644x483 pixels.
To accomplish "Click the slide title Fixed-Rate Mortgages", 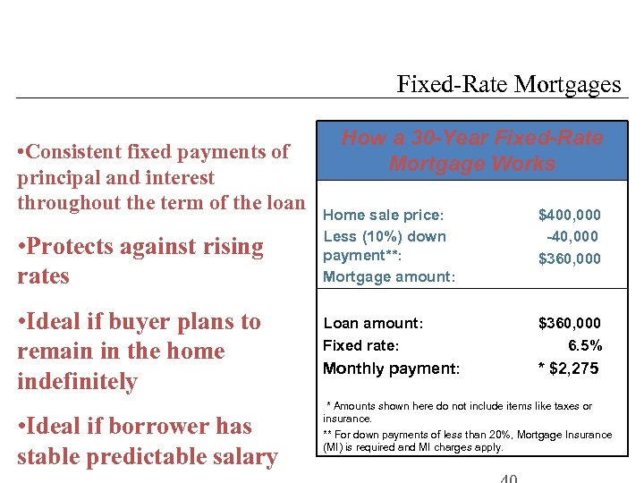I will pyautogui.click(x=508, y=85).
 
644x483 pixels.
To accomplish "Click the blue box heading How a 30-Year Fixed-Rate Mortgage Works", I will pyautogui.click(x=472, y=151).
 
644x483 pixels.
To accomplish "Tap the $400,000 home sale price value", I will pyautogui.click(x=569, y=215).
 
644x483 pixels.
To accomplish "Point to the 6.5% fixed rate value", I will pyautogui.click(x=585, y=345).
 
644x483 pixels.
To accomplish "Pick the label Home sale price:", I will pyautogui.click(x=383, y=215).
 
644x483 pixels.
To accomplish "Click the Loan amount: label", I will pyautogui.click(x=373, y=323).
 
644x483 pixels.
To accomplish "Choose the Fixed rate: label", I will pyautogui.click(x=360, y=345).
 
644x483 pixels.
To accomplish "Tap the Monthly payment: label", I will pyautogui.click(x=391, y=369).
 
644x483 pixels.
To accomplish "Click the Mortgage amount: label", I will pyautogui.click(x=389, y=276).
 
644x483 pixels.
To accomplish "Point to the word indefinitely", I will pyautogui.click(x=77, y=382).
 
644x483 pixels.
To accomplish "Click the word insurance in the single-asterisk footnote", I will pyautogui.click(x=347, y=418).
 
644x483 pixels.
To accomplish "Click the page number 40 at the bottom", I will pyautogui.click(x=508, y=478).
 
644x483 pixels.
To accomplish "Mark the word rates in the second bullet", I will pyautogui.click(x=43, y=276).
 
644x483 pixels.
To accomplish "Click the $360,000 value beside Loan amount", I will pyautogui.click(x=569, y=323).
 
